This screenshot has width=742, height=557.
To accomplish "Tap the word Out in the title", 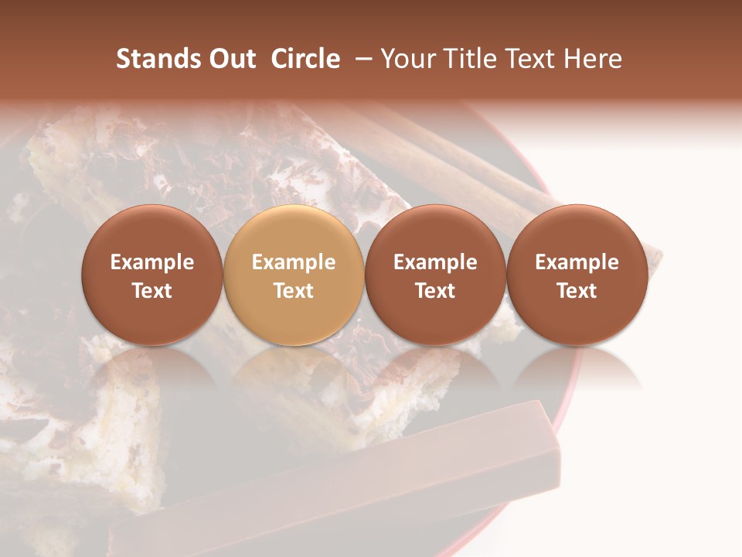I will [231, 59].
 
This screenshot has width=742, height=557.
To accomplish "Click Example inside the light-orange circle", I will [294, 262].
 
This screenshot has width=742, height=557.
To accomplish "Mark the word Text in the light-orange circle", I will [294, 291].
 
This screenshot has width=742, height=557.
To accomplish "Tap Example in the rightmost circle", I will [577, 262].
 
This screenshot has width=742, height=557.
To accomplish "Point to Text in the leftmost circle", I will [151, 291].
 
